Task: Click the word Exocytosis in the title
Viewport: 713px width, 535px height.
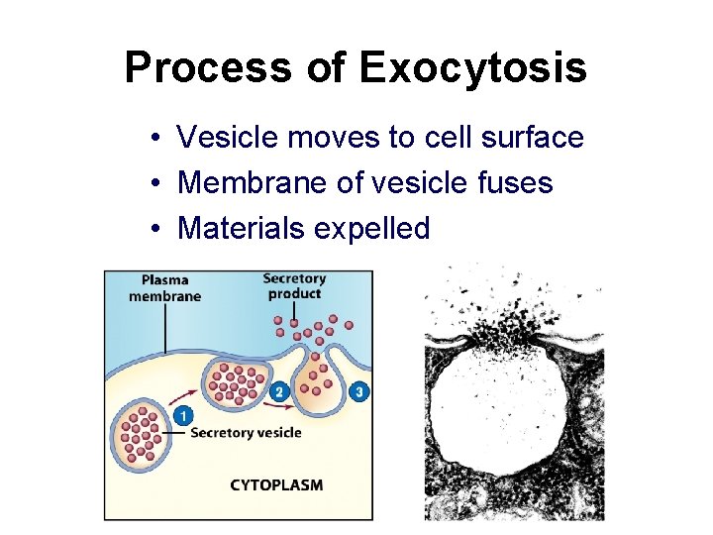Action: (x=473, y=68)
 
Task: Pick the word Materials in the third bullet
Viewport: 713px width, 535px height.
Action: (x=241, y=229)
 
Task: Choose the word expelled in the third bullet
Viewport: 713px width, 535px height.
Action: (x=371, y=229)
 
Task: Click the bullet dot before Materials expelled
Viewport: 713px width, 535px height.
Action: (x=157, y=230)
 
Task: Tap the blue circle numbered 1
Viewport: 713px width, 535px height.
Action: (x=182, y=417)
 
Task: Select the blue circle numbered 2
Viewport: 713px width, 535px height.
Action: (x=279, y=392)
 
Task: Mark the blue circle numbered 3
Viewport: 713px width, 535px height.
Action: (x=358, y=392)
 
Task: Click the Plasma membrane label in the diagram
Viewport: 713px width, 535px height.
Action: (x=164, y=288)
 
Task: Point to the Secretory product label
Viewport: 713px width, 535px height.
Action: (x=294, y=285)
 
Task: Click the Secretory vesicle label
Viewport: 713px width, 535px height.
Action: (x=246, y=433)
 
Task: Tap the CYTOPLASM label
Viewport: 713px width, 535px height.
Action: (x=276, y=485)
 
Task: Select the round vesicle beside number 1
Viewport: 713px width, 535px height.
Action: (x=141, y=434)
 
